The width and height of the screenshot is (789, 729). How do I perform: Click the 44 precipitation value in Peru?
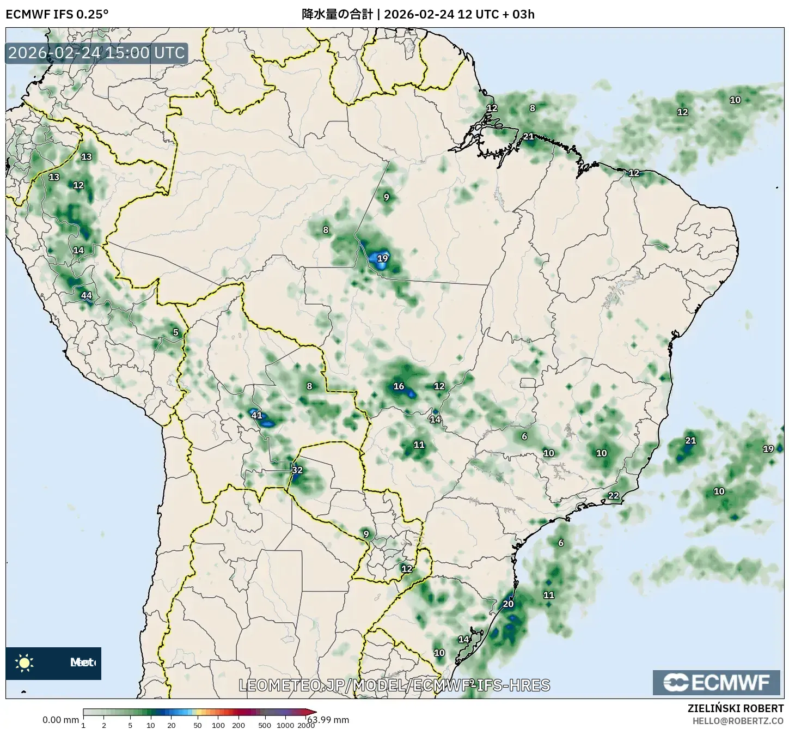tap(86, 296)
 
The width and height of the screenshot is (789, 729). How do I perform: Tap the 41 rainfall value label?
tap(256, 415)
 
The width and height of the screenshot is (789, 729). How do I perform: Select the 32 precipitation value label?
tap(297, 470)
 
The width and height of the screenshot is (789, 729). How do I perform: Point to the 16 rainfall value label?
tap(399, 386)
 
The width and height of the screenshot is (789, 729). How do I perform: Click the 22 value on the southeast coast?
tap(614, 495)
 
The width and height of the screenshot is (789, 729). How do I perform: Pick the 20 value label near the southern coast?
tap(508, 604)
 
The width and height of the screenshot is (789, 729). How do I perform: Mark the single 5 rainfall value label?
tap(175, 332)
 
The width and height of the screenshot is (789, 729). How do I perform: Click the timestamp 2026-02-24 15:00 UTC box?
tap(97, 53)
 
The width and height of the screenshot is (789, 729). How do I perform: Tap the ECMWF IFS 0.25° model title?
tap(57, 14)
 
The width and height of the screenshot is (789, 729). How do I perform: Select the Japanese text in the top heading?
tap(337, 14)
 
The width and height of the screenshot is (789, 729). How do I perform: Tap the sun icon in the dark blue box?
tap(25, 663)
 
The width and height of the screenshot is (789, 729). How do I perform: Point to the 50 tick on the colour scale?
tap(197, 725)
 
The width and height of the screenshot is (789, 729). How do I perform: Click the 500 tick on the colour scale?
tap(265, 725)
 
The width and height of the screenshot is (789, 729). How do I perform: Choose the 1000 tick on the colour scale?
tap(285, 725)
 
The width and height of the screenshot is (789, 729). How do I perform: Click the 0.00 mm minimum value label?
tap(60, 720)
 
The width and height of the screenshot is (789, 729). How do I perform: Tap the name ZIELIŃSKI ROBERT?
tap(735, 708)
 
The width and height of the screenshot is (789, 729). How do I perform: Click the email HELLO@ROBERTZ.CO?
tap(738, 720)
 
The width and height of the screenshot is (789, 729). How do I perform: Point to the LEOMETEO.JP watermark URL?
tap(394, 685)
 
